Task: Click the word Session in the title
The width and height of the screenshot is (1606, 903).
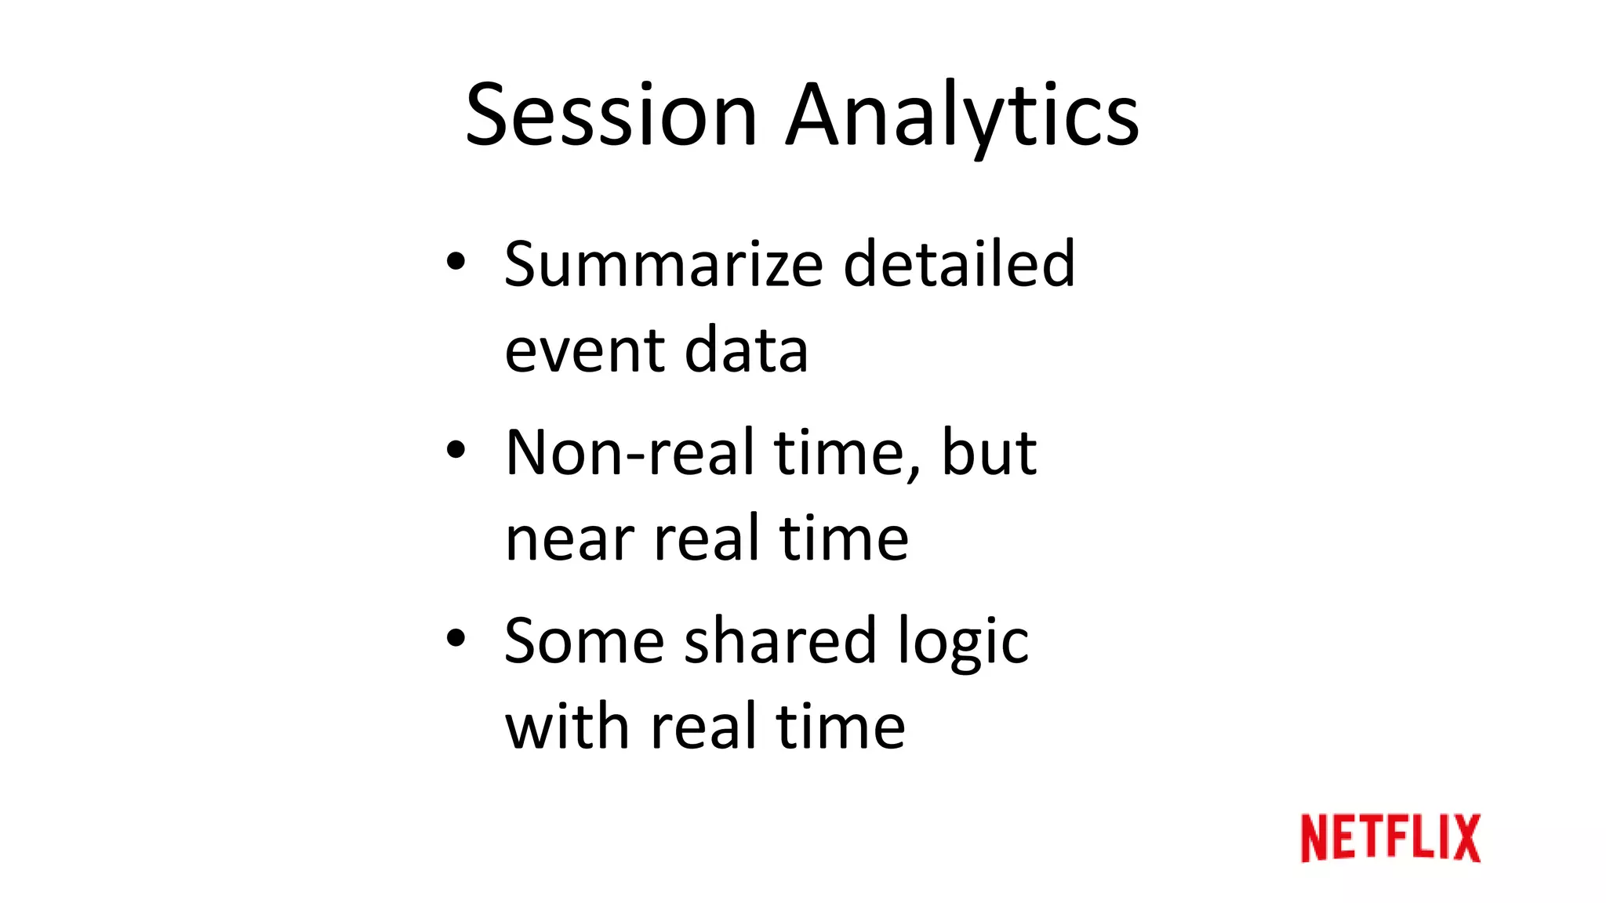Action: click(611, 116)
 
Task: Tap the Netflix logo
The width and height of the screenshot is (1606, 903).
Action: click(1390, 838)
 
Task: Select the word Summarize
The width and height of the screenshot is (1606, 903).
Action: click(663, 264)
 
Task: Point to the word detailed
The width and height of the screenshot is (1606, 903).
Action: click(958, 264)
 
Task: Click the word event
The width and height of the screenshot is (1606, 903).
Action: click(583, 351)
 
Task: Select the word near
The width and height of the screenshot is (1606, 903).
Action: click(569, 540)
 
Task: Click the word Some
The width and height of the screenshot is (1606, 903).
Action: click(583, 642)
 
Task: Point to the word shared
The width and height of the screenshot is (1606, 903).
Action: click(779, 642)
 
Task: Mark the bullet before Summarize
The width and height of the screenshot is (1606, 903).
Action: click(456, 262)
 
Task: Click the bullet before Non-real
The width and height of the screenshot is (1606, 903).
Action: click(456, 450)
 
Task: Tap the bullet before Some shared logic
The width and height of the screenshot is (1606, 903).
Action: click(456, 638)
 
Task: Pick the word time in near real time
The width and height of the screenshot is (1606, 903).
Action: click(844, 539)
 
